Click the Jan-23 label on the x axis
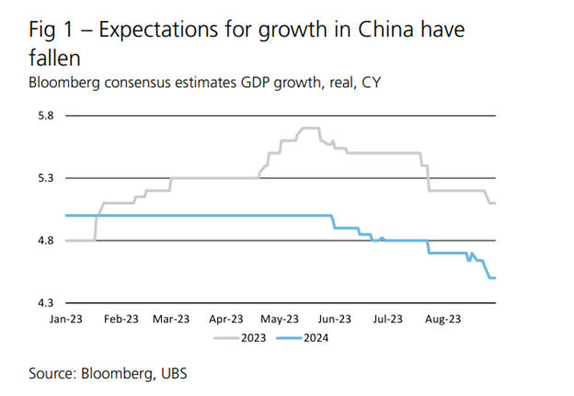click(66, 320)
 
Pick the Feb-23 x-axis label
click(120, 320)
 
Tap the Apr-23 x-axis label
click(226, 320)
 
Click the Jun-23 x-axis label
click(334, 320)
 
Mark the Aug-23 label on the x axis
click(442, 320)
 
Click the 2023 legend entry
click(252, 337)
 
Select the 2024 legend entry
click(317, 337)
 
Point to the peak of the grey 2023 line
click(309, 128)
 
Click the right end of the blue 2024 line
click(495, 277)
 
